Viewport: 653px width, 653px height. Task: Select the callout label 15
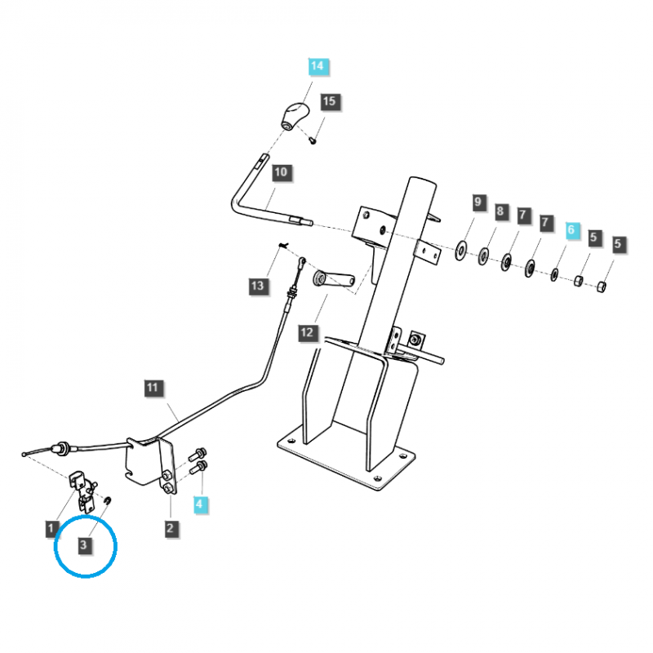coord(329,102)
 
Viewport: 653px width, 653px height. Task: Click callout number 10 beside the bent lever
coord(281,173)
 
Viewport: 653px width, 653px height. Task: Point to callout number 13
coord(258,285)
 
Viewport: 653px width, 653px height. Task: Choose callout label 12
coord(307,332)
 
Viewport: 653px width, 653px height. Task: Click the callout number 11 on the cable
coord(153,388)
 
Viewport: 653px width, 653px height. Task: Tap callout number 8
coord(500,212)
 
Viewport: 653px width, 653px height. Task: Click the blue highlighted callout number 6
coord(571,231)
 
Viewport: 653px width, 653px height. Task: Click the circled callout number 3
coord(84,544)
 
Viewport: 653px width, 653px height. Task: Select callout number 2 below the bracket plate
coord(170,528)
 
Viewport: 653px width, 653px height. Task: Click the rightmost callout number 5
coord(618,242)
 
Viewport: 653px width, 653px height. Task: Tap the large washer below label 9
coord(462,248)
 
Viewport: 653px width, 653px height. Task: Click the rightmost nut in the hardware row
coord(602,287)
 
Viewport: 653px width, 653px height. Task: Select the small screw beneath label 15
coord(313,139)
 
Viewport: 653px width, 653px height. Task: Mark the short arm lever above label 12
coord(335,280)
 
